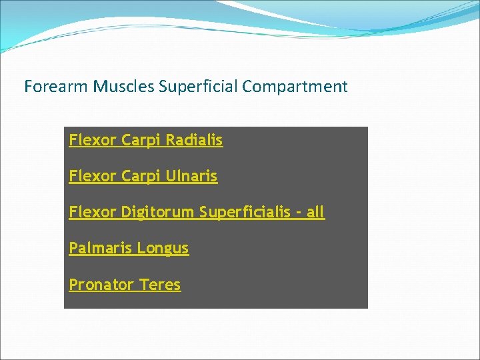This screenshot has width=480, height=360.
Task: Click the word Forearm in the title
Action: pyautogui.click(x=56, y=87)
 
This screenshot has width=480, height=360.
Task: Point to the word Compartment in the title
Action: pyautogui.click(x=295, y=87)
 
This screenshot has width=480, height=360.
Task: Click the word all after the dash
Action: pyautogui.click(x=315, y=213)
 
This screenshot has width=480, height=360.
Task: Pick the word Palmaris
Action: pyautogui.click(x=101, y=249)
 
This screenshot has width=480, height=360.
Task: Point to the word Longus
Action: pyautogui.click(x=163, y=249)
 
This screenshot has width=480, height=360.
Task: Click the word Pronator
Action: pyautogui.click(x=101, y=285)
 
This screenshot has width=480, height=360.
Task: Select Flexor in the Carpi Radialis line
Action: pyautogui.click(x=93, y=141)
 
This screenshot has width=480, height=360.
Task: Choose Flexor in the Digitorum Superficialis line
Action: pyautogui.click(x=93, y=213)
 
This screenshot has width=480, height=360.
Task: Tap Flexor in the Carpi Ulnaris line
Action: pyautogui.click(x=93, y=177)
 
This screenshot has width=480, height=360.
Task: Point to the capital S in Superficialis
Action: pyautogui.click(x=203, y=213)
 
